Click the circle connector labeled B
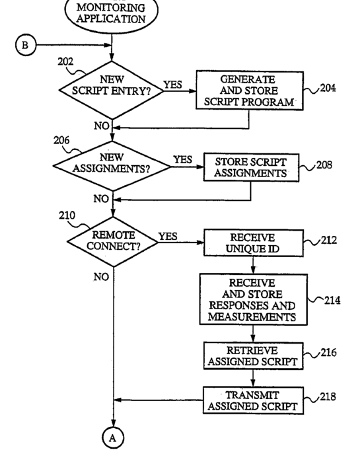point(26,45)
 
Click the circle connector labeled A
point(113,437)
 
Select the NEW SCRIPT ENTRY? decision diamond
point(111,91)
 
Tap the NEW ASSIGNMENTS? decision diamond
point(112,166)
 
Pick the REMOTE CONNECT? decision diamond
point(112,242)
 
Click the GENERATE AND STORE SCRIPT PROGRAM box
point(250,91)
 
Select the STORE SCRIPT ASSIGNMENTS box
point(251,168)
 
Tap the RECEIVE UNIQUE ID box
point(253,243)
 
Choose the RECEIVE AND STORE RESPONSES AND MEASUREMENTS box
point(253,299)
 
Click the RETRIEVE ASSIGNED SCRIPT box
point(253,356)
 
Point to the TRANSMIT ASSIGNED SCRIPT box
point(253,400)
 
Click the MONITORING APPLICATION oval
point(111,13)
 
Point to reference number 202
point(65,61)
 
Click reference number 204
point(328,88)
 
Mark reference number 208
point(324,165)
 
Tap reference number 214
point(332,301)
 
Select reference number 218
point(328,396)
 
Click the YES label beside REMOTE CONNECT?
point(168,236)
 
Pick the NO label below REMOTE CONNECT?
point(101,277)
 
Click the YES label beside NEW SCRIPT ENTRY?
point(172,85)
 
